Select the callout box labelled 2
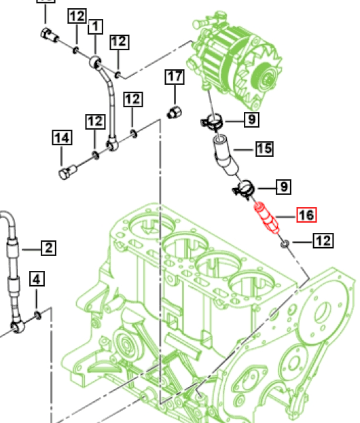(x=48, y=248)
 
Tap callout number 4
(x=37, y=279)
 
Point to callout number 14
(x=62, y=139)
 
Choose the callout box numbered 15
(x=264, y=149)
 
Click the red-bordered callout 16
(x=306, y=215)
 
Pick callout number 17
(x=174, y=77)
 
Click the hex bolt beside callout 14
(x=66, y=172)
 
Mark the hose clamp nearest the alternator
(x=212, y=123)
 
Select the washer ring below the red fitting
(x=285, y=242)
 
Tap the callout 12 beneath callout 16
(x=323, y=240)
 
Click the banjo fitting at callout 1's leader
(x=96, y=64)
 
